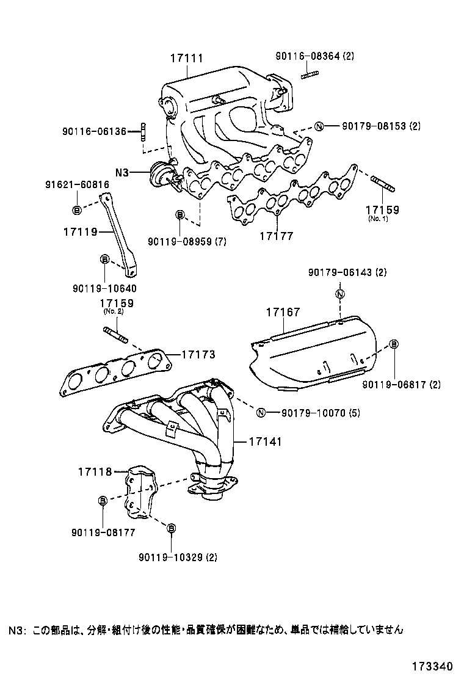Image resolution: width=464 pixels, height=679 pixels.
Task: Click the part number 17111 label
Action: point(186,59)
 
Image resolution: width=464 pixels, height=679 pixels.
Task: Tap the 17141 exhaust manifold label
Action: point(265,441)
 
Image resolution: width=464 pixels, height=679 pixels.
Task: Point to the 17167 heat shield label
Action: point(283,313)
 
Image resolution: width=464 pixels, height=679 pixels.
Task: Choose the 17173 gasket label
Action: point(198,354)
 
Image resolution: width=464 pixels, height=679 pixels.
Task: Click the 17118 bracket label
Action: point(95,471)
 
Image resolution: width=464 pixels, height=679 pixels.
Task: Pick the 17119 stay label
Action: point(80,232)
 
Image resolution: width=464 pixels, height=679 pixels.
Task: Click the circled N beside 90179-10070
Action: point(261,413)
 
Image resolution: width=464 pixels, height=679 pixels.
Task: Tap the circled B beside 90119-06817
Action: point(394,344)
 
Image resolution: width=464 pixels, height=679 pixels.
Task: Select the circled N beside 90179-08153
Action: point(318,127)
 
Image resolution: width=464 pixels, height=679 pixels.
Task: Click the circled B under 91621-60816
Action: point(77,210)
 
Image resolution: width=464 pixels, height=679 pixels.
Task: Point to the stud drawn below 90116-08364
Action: point(310,75)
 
